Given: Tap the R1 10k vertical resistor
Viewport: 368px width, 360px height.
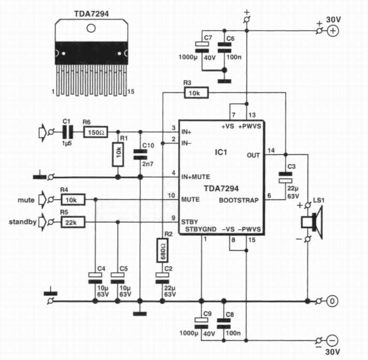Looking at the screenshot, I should (118, 154).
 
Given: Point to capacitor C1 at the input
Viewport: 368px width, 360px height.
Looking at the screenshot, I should (66, 132).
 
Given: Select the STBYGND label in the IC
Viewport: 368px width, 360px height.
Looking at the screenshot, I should (201, 229).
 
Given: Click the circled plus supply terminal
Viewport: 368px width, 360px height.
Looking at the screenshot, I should (332, 31).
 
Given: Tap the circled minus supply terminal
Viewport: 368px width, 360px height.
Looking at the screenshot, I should (332, 340).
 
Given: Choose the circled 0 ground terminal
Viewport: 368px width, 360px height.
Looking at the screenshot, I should (332, 301).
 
